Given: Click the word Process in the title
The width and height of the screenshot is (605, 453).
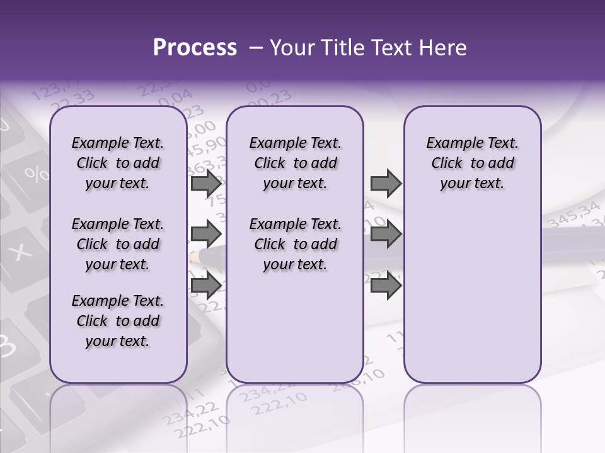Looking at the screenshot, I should point(195,48).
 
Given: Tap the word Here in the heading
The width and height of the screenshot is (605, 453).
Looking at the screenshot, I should point(441,48).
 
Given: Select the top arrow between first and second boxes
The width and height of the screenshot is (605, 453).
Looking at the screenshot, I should point(206,184).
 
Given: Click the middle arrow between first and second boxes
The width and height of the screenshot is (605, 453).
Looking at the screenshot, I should point(206,234).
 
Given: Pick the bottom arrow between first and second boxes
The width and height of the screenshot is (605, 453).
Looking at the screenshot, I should point(206,285).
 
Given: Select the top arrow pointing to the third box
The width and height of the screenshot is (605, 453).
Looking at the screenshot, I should point(386,184).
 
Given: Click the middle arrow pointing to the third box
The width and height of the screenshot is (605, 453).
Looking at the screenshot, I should point(386,234).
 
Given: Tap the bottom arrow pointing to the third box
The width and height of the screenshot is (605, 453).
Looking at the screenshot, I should point(386,285).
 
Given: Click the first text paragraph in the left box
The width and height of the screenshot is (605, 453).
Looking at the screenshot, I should point(118,164).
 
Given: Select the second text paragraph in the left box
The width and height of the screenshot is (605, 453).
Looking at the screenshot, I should point(118,244).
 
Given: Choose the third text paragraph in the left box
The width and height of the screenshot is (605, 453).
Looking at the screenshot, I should point(118,321).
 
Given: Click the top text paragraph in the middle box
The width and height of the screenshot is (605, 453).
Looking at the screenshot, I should point(295,164).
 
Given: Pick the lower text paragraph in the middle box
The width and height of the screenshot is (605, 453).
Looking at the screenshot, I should point(295,244).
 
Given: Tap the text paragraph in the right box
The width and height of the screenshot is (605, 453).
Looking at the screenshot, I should point(472,164).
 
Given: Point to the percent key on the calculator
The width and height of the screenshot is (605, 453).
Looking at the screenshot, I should point(36,173).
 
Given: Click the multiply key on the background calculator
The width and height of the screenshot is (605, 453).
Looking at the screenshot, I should point(23,252).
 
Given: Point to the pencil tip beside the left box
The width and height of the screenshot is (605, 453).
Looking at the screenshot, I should point(194,255).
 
